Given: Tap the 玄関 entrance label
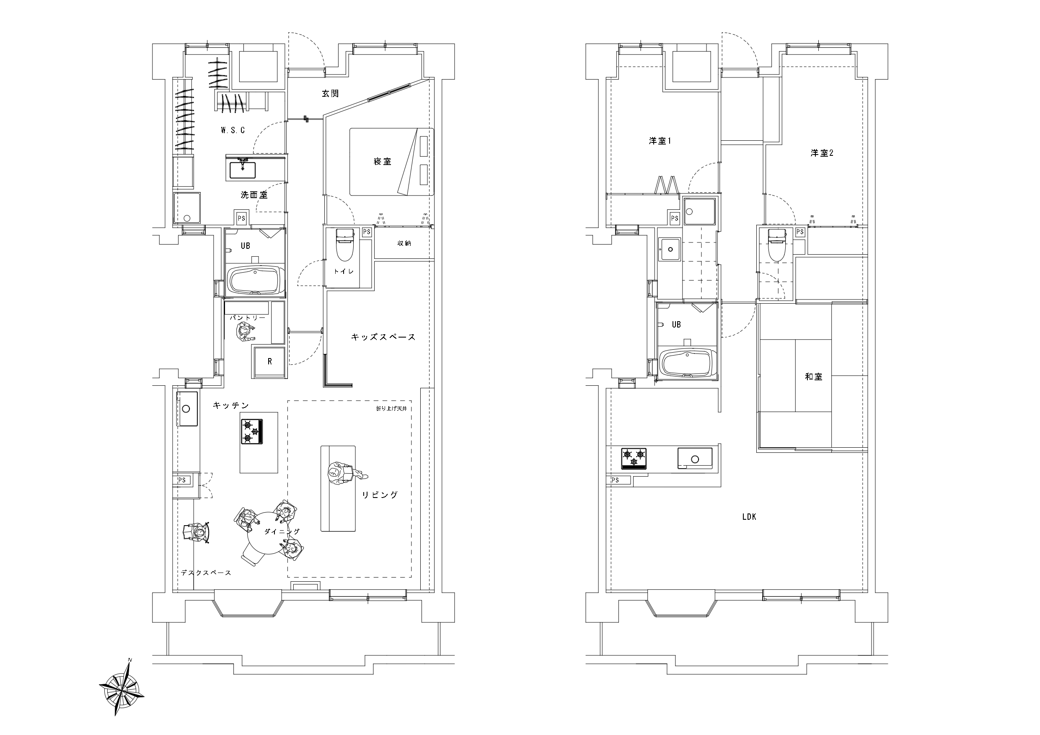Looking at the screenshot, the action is pos(330,94).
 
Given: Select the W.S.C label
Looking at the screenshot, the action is pos(233,130).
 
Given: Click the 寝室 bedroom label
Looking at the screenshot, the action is pos(382,161).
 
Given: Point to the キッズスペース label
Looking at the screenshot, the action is pos(383,337).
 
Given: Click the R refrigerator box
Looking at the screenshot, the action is pos(269,362).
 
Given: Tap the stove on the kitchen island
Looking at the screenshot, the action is pos(252,432).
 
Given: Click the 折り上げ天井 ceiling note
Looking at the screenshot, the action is pos(391,408).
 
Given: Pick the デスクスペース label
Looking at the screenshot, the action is pos(206,573).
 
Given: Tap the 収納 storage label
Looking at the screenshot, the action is pos(404,243).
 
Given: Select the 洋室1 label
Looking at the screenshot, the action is pos(660,141).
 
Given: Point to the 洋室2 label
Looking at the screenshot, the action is pos(822,153).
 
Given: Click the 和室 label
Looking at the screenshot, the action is pos(813,377).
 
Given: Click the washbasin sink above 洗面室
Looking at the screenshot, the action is pos(243,169).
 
